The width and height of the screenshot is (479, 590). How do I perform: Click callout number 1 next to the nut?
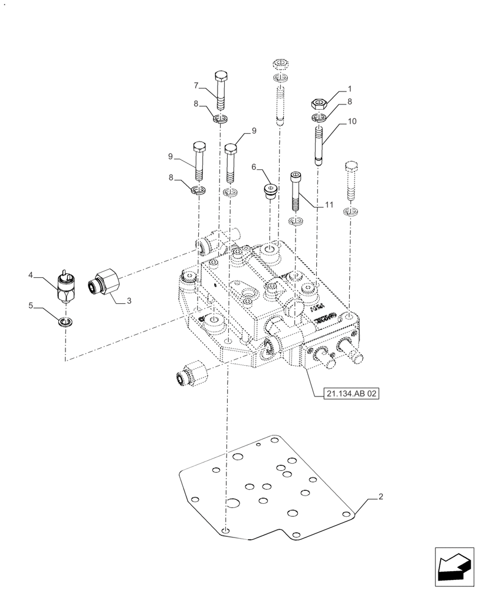350,88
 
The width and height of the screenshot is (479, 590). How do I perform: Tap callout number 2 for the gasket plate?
381,497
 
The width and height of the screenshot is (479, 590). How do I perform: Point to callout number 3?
129,301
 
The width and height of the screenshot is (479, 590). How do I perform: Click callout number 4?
30,275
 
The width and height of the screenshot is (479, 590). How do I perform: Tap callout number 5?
30,306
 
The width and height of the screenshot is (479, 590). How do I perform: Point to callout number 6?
254,168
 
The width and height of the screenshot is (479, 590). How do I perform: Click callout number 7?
195,85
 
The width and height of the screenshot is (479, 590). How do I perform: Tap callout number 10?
352,122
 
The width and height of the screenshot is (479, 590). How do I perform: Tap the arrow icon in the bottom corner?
455,568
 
